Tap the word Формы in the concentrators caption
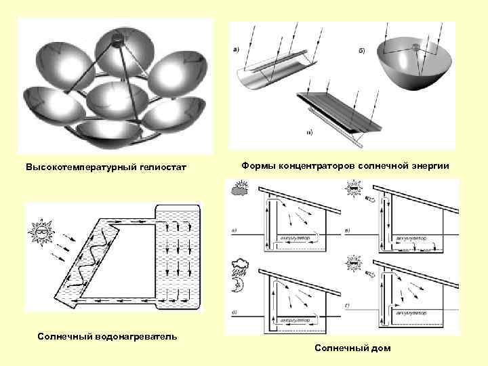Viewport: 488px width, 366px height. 258,165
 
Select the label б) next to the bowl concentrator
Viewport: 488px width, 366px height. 361,51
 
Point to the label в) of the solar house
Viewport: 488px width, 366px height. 348,232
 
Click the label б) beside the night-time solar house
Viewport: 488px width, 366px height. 235,312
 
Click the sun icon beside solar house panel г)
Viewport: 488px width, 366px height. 354,262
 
